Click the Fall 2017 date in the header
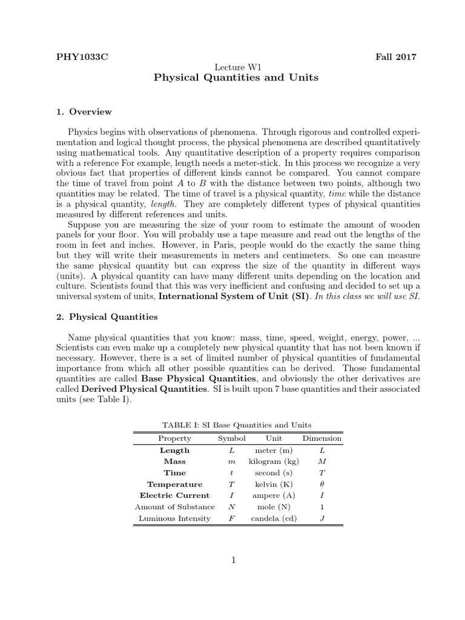397,57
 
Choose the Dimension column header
322,438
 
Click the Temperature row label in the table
174,484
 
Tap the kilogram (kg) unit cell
274,461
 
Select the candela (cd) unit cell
274,518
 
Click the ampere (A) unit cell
274,495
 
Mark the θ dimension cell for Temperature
322,484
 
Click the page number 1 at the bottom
232,561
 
